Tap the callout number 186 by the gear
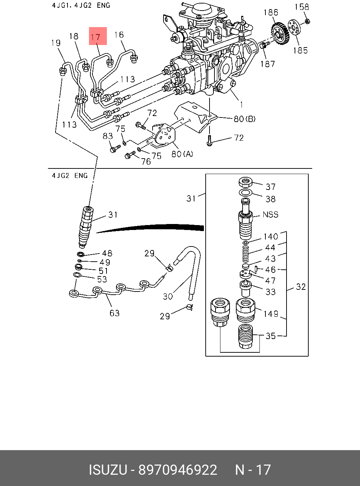[271, 13]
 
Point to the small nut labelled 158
[307, 21]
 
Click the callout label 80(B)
[245, 119]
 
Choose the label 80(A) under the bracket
[182, 154]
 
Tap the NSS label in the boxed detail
[270, 215]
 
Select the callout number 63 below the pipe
[115, 313]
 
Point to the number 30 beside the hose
[168, 296]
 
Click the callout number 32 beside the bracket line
[301, 287]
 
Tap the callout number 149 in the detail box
[271, 314]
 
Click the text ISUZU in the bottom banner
[108, 470]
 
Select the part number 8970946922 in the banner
[178, 470]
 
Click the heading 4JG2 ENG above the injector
[70, 175]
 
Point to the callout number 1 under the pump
[242, 104]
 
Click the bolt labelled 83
[112, 150]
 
